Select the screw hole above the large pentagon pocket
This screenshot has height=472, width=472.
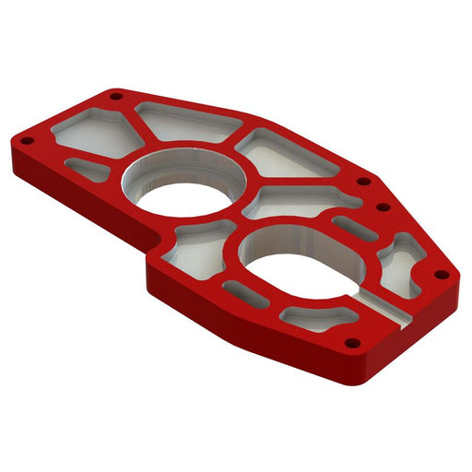click(x=114, y=96)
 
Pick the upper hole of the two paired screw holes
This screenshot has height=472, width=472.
click(x=363, y=182)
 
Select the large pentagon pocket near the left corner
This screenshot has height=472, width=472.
click(x=96, y=135)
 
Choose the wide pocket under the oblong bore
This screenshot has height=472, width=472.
click(x=318, y=316)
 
